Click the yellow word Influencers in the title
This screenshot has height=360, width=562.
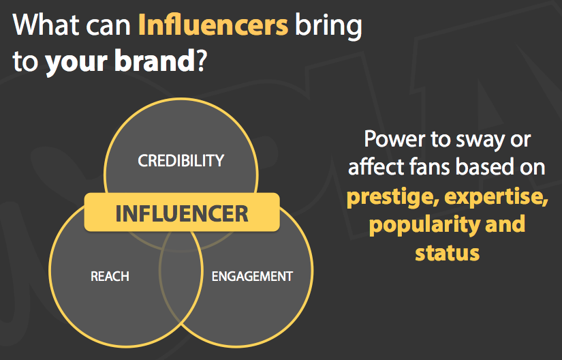[x=213, y=25]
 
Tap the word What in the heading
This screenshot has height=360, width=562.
[x=46, y=25]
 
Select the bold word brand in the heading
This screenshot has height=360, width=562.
[x=155, y=60]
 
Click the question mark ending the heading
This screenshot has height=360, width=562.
[x=201, y=60]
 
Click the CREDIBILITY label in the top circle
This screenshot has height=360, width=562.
[x=181, y=161]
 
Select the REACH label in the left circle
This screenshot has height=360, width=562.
[x=110, y=276]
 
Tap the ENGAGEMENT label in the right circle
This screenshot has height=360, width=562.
[x=252, y=276]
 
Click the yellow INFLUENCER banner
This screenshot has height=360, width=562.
[x=182, y=212]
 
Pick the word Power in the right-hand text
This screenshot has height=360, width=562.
[x=394, y=139]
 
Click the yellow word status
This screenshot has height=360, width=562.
[x=448, y=253]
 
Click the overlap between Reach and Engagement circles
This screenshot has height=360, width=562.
[x=181, y=283]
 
